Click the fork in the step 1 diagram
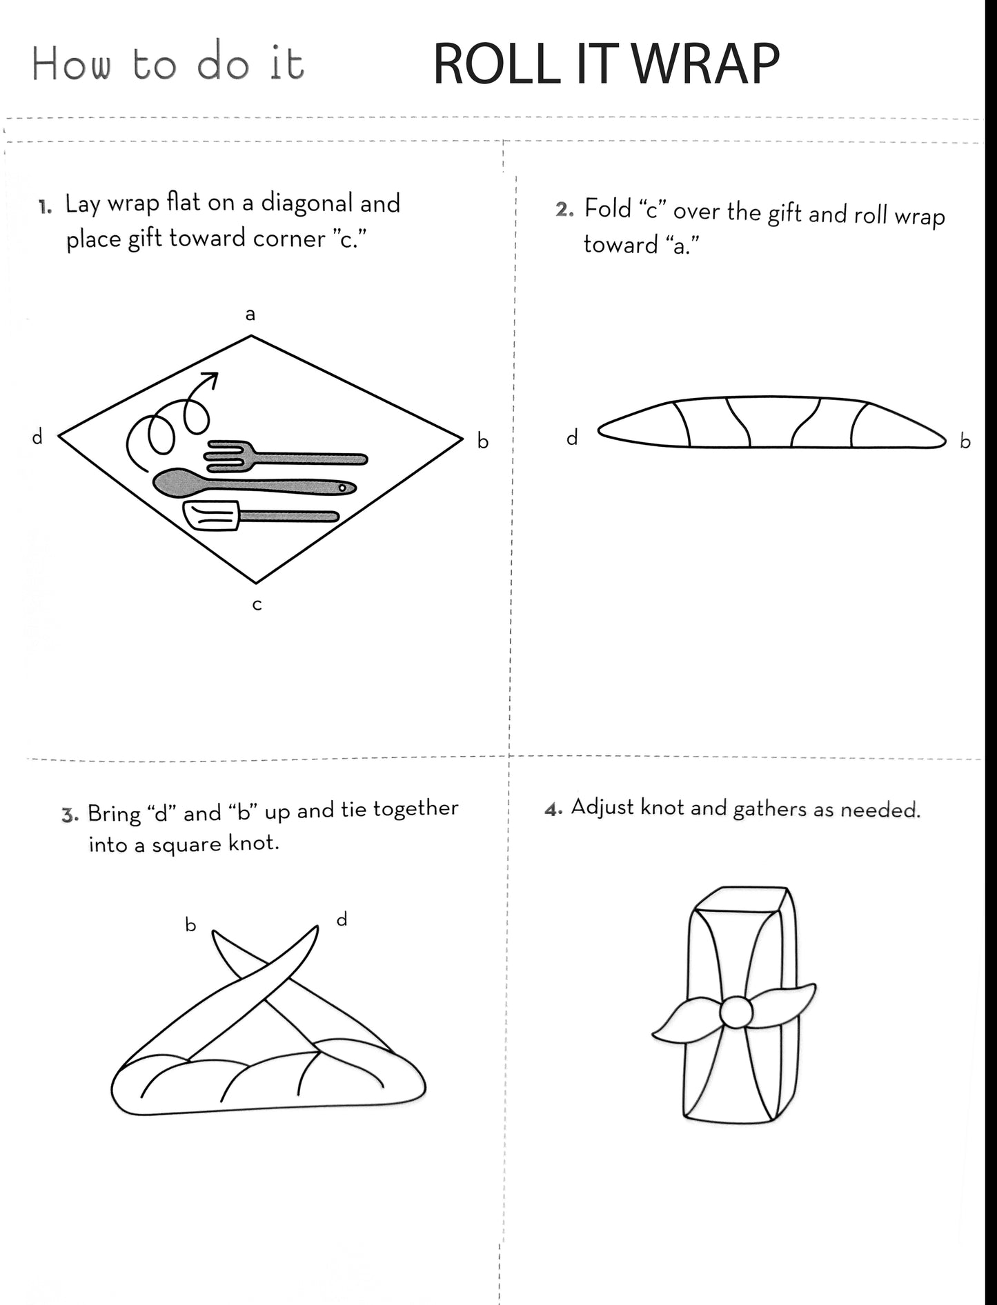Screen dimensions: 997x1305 click(x=286, y=457)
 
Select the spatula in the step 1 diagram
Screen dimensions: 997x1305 click(x=261, y=516)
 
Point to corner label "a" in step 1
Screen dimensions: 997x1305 click(x=250, y=315)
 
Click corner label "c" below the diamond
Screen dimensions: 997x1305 click(x=257, y=605)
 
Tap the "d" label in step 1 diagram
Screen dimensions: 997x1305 click(x=37, y=436)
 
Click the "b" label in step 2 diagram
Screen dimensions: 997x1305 click(x=965, y=441)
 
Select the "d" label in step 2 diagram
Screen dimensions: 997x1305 click(x=572, y=437)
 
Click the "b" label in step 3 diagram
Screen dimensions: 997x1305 click(x=190, y=924)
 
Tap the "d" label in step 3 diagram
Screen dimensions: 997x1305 click(x=342, y=919)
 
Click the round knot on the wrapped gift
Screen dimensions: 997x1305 click(x=736, y=1012)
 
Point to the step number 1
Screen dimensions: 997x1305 click(x=45, y=206)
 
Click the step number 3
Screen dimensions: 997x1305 click(x=68, y=815)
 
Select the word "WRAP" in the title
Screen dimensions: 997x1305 click(x=705, y=63)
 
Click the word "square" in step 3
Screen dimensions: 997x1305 click(x=190, y=845)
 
